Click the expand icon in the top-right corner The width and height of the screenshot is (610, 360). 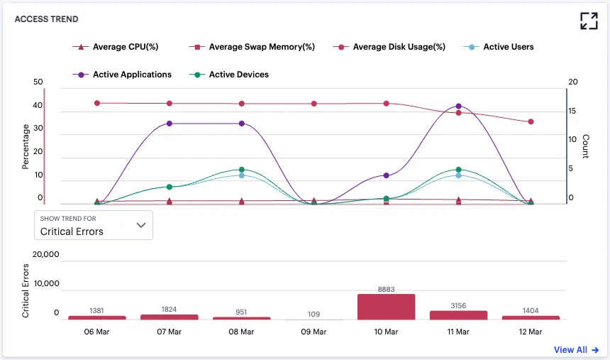click(589, 21)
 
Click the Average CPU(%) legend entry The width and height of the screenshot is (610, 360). click(116, 47)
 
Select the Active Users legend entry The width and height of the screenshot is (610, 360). click(499, 47)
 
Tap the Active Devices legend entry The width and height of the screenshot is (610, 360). click(228, 75)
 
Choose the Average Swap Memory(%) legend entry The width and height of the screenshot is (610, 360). click(252, 47)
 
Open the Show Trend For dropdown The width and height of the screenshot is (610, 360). click(94, 225)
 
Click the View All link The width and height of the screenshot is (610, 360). click(576, 350)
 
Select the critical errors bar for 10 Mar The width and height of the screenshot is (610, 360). click(387, 307)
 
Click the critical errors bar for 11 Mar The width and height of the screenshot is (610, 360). click(458, 315)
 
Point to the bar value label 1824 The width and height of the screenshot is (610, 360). click(169, 310)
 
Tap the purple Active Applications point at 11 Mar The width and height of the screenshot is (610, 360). click(458, 106)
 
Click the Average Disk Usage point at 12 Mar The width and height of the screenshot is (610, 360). click(531, 121)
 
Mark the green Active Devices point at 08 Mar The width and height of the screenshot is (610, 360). click(242, 170)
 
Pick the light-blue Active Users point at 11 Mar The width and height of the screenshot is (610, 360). click(458, 175)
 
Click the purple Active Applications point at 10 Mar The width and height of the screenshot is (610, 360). click(387, 175)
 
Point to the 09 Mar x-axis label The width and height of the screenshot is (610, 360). click(314, 332)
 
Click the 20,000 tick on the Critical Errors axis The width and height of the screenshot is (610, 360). click(46, 254)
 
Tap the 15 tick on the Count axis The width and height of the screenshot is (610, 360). click(572, 111)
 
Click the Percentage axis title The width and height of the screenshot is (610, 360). click(26, 146)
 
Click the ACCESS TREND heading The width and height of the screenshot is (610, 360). click(46, 19)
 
